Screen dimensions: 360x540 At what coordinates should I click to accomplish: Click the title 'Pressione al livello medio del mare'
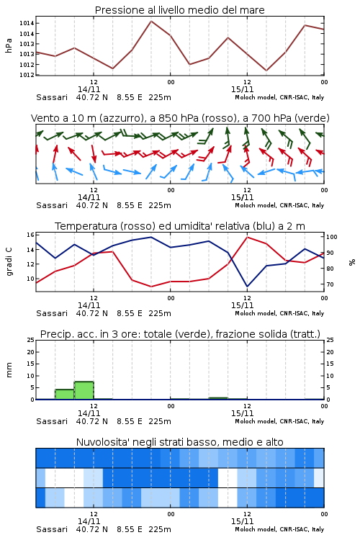coord(179,10)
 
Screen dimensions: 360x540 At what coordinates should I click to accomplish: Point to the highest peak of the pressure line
coord(151,21)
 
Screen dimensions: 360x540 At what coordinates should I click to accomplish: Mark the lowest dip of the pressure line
coord(266,71)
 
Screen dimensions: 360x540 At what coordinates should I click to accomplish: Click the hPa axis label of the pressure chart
coord(9,45)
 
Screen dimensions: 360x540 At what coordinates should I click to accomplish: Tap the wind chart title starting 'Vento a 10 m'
coord(180,118)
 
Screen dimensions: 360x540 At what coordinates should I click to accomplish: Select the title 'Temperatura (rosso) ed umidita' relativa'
coord(180,226)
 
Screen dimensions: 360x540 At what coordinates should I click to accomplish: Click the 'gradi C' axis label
coord(9,261)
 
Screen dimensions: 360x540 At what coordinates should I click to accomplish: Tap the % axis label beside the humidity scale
coord(352,262)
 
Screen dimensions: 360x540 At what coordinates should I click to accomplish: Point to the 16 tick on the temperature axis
coord(30,235)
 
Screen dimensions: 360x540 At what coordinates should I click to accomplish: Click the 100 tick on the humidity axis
coord(332,237)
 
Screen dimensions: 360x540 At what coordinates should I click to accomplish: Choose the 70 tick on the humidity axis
coord(330,284)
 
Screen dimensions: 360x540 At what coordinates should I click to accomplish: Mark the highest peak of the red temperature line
coord(247,237)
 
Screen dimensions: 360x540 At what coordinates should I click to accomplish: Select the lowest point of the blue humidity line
coord(247,287)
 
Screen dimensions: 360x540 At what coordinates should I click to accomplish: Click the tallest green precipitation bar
coord(84,390)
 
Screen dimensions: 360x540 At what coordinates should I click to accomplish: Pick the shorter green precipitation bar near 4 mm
coord(65,395)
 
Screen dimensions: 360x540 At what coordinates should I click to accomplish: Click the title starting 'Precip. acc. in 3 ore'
coord(180,334)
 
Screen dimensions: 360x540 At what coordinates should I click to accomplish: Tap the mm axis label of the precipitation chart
coord(9,370)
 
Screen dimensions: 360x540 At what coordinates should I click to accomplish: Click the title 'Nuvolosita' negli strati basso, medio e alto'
coord(179,442)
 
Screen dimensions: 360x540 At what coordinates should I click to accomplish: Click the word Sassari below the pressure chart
coord(52,97)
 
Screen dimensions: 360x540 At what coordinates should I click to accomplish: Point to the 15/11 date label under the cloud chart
coord(242,521)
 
